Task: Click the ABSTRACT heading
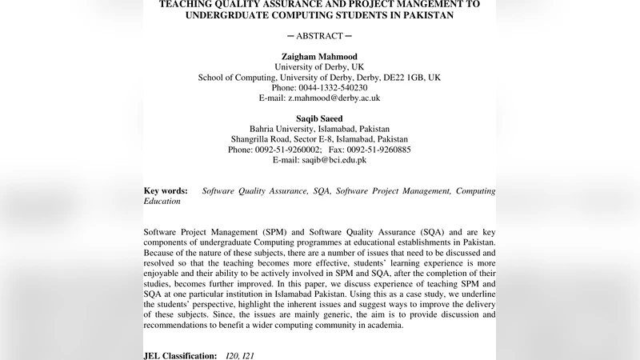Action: click(319, 36)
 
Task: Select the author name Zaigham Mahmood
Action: click(319, 57)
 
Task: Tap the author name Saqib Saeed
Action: click(319, 118)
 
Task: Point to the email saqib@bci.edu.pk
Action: click(334, 159)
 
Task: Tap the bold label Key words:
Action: click(166, 191)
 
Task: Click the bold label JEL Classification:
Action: click(180, 354)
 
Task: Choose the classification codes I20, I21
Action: click(243, 354)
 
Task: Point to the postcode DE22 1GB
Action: click(403, 78)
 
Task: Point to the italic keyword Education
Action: click(162, 202)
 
